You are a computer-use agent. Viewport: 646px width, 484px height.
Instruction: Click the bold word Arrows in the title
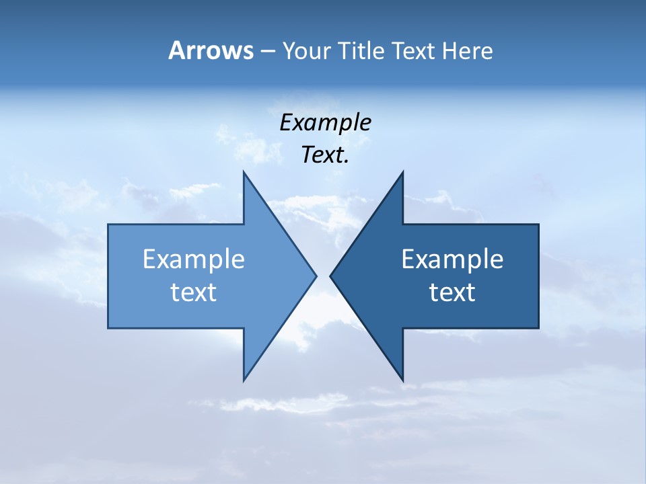(x=211, y=50)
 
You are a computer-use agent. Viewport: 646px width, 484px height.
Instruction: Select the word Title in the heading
(x=363, y=50)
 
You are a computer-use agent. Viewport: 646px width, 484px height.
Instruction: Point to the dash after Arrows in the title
(x=267, y=51)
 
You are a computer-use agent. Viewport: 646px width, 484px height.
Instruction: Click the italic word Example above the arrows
(x=325, y=122)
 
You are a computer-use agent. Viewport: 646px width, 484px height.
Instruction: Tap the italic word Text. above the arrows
(x=325, y=155)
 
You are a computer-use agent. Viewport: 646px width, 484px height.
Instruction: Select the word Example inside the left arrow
(x=193, y=259)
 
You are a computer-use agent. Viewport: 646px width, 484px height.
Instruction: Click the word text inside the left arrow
(x=193, y=292)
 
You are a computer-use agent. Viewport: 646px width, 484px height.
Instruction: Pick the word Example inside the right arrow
(x=452, y=259)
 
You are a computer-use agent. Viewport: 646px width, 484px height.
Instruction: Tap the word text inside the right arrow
(x=452, y=292)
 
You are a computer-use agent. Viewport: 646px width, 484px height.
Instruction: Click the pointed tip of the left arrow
(x=315, y=276)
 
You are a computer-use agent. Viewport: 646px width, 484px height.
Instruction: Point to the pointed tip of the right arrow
(x=331, y=276)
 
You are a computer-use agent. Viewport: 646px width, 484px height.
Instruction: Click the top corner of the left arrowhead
(x=244, y=173)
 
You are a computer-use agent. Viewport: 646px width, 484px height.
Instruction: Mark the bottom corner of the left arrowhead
(x=244, y=380)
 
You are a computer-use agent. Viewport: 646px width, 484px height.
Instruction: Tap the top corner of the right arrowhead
(x=402, y=173)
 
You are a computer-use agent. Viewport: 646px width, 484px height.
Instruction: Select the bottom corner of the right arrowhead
(x=402, y=380)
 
